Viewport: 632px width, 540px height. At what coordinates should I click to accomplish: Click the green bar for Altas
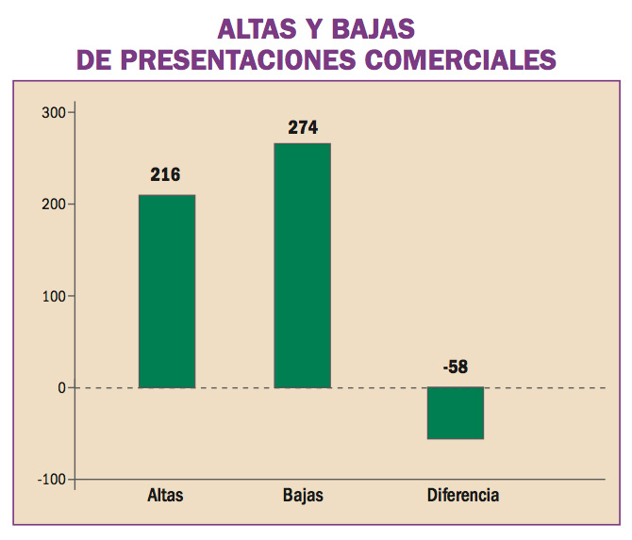[x=166, y=291]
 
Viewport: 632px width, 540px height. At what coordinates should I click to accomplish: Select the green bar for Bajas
[x=302, y=265]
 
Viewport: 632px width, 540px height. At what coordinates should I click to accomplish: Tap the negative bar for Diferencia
[x=455, y=413]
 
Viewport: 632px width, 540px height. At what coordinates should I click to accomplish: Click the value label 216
[x=165, y=174]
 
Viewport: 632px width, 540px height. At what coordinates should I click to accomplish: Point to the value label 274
[x=302, y=127]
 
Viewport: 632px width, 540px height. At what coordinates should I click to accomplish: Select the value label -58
[x=455, y=368]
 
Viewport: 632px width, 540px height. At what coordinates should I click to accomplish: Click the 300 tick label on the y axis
[x=53, y=113]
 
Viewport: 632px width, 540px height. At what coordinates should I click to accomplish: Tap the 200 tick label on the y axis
[x=53, y=205]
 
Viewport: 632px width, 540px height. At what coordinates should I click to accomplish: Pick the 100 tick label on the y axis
[x=53, y=296]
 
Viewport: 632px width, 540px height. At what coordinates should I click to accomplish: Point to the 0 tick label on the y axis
[x=60, y=387]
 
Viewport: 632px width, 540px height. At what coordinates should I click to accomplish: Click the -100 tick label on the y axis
[x=51, y=479]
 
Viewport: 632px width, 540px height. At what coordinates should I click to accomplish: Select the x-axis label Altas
[x=165, y=496]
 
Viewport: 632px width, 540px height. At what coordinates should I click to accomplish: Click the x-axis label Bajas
[x=302, y=496]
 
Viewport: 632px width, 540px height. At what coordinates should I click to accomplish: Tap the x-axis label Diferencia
[x=462, y=496]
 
